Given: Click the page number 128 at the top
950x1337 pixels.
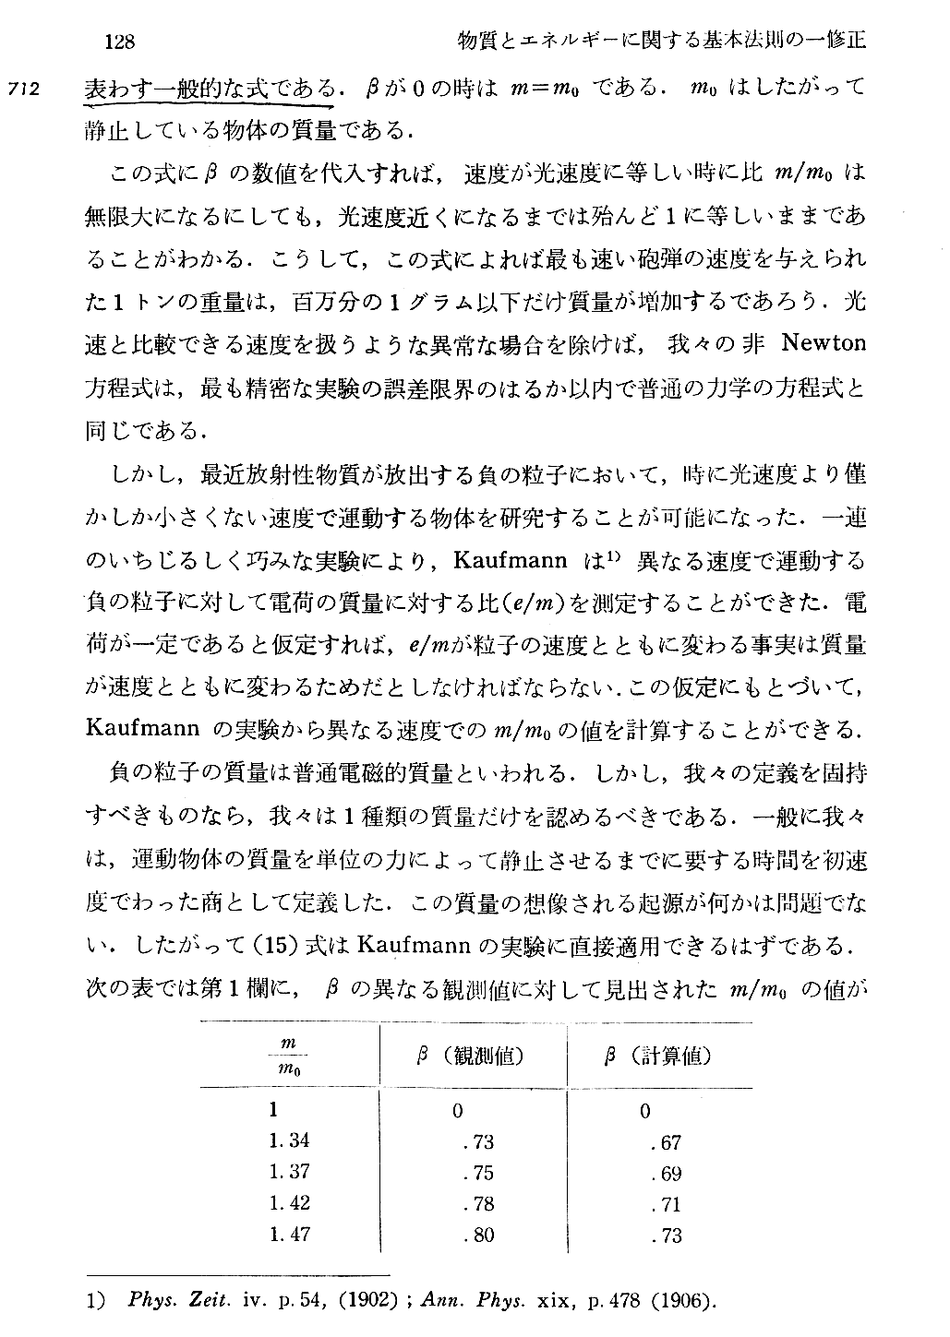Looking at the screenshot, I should (x=121, y=42).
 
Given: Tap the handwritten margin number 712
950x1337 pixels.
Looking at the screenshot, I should (x=24, y=90).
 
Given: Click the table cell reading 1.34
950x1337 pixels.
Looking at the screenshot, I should (x=289, y=1140).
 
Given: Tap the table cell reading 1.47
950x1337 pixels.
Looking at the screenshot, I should (x=289, y=1233).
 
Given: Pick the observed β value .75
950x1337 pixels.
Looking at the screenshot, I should (x=478, y=1173).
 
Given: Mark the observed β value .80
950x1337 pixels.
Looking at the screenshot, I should (x=478, y=1235).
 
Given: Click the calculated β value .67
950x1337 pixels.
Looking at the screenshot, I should (x=665, y=1142).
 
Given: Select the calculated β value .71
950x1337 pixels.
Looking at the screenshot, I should (x=665, y=1204).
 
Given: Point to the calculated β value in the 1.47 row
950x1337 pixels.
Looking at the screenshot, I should (x=665, y=1235).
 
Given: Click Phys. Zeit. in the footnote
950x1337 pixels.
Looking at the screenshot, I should (x=174, y=1302).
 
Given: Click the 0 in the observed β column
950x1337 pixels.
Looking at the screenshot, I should (x=458, y=1111).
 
